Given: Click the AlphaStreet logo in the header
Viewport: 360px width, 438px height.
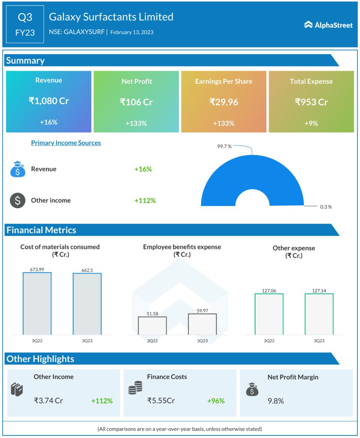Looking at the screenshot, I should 328,25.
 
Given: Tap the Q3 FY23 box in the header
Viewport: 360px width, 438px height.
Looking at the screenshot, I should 25,24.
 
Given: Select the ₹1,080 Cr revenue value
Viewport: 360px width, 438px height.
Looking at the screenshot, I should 48,101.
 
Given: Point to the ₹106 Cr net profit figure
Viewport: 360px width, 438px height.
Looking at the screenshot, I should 136,102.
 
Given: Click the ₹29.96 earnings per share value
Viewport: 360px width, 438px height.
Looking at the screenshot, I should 223,102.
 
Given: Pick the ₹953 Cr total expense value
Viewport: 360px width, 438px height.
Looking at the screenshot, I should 311,102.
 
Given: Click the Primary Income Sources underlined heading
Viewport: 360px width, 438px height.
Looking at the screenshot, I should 66,143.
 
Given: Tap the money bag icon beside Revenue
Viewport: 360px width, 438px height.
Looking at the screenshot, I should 18,169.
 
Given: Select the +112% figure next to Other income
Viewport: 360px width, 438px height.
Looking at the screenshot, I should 145,200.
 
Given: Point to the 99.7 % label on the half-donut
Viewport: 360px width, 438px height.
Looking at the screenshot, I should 224,146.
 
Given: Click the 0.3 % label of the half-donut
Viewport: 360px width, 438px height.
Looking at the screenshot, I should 326,207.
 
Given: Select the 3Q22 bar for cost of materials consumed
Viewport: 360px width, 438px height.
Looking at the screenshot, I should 37,303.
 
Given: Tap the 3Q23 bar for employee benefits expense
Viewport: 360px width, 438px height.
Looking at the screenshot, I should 202,324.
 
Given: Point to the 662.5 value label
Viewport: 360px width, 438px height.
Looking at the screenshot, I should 87,269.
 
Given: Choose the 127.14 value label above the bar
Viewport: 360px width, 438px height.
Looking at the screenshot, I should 319,290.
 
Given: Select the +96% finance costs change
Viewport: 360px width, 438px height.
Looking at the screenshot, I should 216,401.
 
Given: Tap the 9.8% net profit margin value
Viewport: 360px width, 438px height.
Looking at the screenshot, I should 276,401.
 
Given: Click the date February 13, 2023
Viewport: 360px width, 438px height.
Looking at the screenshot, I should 132,32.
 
